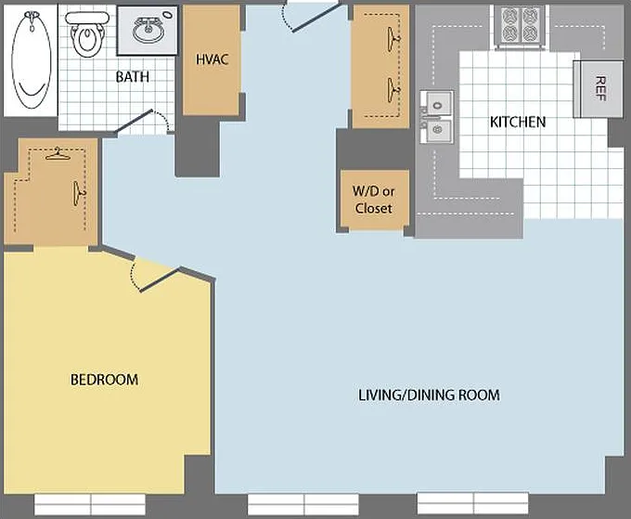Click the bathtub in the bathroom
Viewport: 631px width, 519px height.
pos(32,60)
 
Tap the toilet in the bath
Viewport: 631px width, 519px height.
pos(86,34)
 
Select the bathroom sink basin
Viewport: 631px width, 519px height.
pos(148,31)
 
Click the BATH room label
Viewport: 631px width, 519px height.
pos(133,76)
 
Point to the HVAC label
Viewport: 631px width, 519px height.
pos(212,59)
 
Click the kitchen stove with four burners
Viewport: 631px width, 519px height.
pos(522,25)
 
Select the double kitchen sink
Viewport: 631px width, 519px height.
pos(437,117)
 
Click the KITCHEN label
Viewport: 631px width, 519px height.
pos(518,122)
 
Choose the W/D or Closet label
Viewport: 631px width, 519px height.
pos(373,200)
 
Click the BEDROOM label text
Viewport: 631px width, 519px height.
pos(104,380)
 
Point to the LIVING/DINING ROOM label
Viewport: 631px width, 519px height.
pos(429,395)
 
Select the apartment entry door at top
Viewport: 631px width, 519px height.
pos(309,17)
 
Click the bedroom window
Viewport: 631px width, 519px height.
pos(90,504)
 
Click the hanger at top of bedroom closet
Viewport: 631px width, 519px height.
pos(58,154)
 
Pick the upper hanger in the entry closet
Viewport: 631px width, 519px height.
pos(394,39)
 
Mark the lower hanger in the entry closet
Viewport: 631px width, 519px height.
pos(394,90)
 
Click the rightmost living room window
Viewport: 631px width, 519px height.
pos(473,504)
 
